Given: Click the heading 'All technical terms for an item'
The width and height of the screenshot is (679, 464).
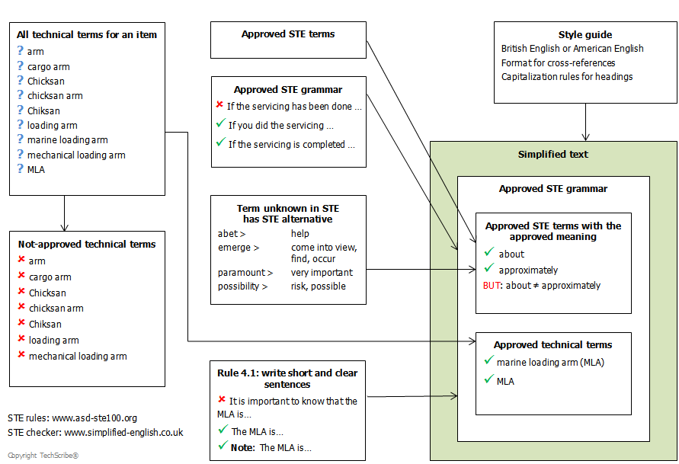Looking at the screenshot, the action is click(87, 34).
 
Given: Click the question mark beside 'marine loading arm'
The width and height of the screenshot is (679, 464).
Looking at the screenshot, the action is click(21, 139).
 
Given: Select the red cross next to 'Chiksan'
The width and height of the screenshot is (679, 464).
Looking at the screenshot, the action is click(21, 322).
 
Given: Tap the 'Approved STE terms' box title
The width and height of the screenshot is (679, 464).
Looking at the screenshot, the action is click(288, 34).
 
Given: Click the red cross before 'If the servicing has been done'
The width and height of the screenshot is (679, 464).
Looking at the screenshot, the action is click(219, 104).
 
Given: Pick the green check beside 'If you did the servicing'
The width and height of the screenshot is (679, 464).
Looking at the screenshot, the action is click(221, 123).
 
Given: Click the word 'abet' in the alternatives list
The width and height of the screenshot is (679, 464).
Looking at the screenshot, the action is click(228, 234).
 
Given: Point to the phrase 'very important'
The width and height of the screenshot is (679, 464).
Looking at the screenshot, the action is click(322, 273).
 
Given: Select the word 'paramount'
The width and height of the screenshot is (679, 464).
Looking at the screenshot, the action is click(242, 273).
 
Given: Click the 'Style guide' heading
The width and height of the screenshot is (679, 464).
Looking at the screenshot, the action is click(585, 34).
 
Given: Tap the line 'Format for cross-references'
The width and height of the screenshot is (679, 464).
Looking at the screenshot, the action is click(558, 62).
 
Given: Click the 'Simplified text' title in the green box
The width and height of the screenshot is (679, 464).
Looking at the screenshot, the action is click(553, 154).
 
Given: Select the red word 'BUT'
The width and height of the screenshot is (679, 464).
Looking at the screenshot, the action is click(492, 286).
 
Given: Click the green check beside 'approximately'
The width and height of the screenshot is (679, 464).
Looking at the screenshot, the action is click(489, 268).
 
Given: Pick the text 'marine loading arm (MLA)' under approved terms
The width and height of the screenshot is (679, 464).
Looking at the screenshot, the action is click(550, 362).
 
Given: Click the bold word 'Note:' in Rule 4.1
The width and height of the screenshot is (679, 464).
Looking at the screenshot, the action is click(242, 447).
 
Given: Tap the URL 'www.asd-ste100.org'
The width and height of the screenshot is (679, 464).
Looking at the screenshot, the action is click(94, 418).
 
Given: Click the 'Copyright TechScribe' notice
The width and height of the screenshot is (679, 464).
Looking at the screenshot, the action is click(43, 456).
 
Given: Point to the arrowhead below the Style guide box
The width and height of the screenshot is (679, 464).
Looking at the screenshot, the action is click(585, 137).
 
